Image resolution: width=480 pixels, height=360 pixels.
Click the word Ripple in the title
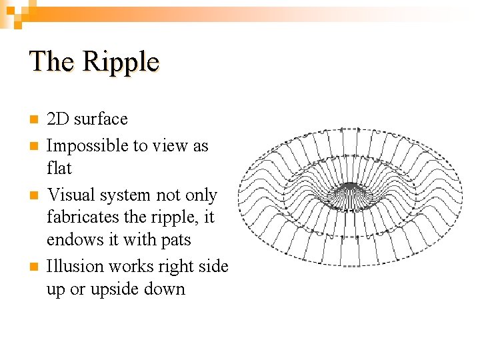pyautogui.click(x=121, y=61)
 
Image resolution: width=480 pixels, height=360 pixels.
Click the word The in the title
pyautogui.click(x=51, y=61)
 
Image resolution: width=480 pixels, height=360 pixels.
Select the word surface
pyautogui.click(x=101, y=119)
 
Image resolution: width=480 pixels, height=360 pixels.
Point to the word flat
pyautogui.click(x=59, y=167)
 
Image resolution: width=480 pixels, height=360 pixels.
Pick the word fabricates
pyautogui.click(x=79, y=217)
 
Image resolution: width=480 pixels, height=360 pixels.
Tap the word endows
pyautogui.click(x=71, y=239)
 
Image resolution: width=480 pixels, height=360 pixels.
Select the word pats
pyautogui.click(x=176, y=239)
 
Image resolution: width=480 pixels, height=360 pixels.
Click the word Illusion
pyautogui.click(x=70, y=267)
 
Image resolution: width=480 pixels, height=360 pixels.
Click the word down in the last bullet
pyautogui.click(x=167, y=289)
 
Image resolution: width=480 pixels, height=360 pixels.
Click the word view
pyautogui.click(x=173, y=145)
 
